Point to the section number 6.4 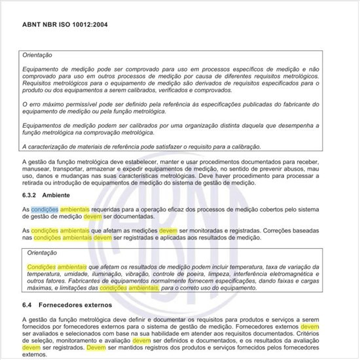click(x=29, y=305)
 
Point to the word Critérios click(x=320, y=333)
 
